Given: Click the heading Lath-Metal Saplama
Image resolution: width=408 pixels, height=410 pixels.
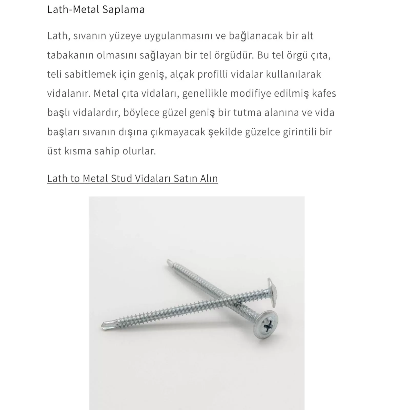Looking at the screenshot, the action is pyautogui.click(x=96, y=9).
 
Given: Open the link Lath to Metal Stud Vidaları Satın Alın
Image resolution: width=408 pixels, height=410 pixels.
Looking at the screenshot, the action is pyautogui.click(x=132, y=178).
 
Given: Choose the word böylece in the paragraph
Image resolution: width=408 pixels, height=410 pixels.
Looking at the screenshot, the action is pyautogui.click(x=141, y=113).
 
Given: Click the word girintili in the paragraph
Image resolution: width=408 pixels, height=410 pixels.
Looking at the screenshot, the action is pyautogui.click(x=299, y=132).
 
